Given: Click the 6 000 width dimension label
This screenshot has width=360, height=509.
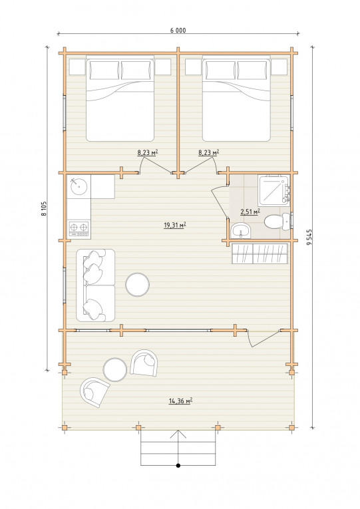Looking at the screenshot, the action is point(178,31).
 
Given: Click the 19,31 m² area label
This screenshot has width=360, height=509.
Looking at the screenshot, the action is point(174,225).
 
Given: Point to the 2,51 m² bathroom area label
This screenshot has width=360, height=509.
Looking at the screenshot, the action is point(250,212).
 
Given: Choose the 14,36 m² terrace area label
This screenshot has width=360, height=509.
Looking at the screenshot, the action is point(180,401).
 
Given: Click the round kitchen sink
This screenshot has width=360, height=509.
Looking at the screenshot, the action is point(79,186).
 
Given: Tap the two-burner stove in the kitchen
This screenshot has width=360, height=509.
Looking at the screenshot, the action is point(79,229).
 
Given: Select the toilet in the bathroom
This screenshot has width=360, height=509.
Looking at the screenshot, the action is point(277,222).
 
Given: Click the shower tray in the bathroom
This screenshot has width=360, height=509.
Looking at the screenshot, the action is point(273,190).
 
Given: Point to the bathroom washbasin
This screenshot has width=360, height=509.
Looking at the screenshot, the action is point(240,231).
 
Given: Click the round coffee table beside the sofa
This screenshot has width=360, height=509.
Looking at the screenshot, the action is point(137,284).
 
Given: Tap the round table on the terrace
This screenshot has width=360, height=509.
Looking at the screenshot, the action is point(115,369).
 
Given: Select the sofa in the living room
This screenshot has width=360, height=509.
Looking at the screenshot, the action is point(95,285).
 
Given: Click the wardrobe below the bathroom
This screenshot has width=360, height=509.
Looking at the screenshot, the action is point(260,254).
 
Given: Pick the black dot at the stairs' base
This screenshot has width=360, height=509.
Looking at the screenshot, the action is point(178,466).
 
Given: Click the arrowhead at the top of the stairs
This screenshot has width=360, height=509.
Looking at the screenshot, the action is point(178,434).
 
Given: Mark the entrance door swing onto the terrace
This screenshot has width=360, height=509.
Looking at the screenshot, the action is point(262,339).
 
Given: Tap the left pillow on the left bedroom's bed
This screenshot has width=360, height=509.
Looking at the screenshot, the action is point(104,70).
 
